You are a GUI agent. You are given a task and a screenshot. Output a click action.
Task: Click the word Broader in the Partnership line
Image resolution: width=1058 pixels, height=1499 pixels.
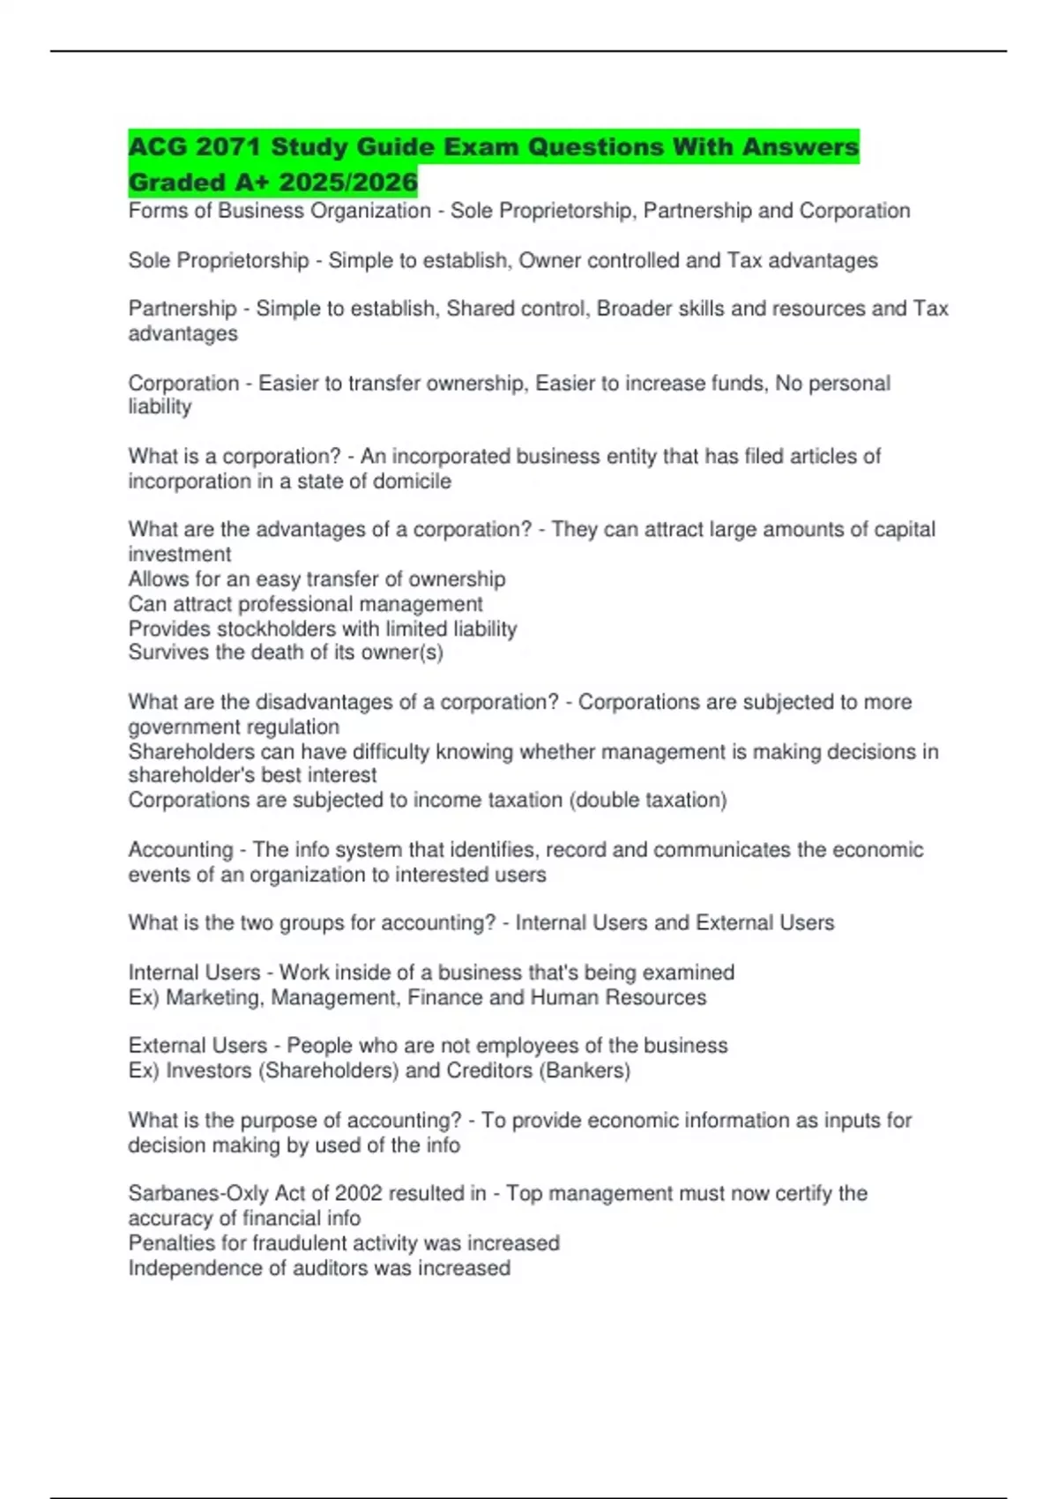pos(634,309)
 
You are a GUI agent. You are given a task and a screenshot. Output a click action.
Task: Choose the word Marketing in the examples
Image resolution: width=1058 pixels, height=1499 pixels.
pos(215,997)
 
